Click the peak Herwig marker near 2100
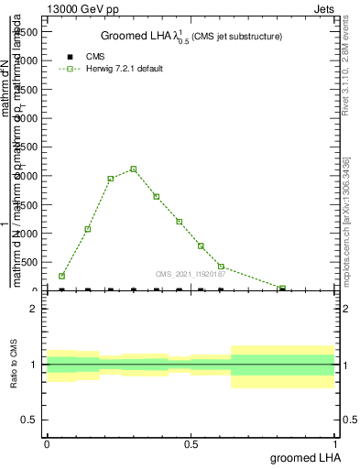[x=134, y=169]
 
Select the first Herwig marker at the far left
[x=61, y=276]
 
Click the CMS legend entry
[x=95, y=57]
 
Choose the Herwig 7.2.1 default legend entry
[x=117, y=69]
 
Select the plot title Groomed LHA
[x=191, y=36]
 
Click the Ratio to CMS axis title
[x=14, y=365]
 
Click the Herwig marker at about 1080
[x=88, y=229]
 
